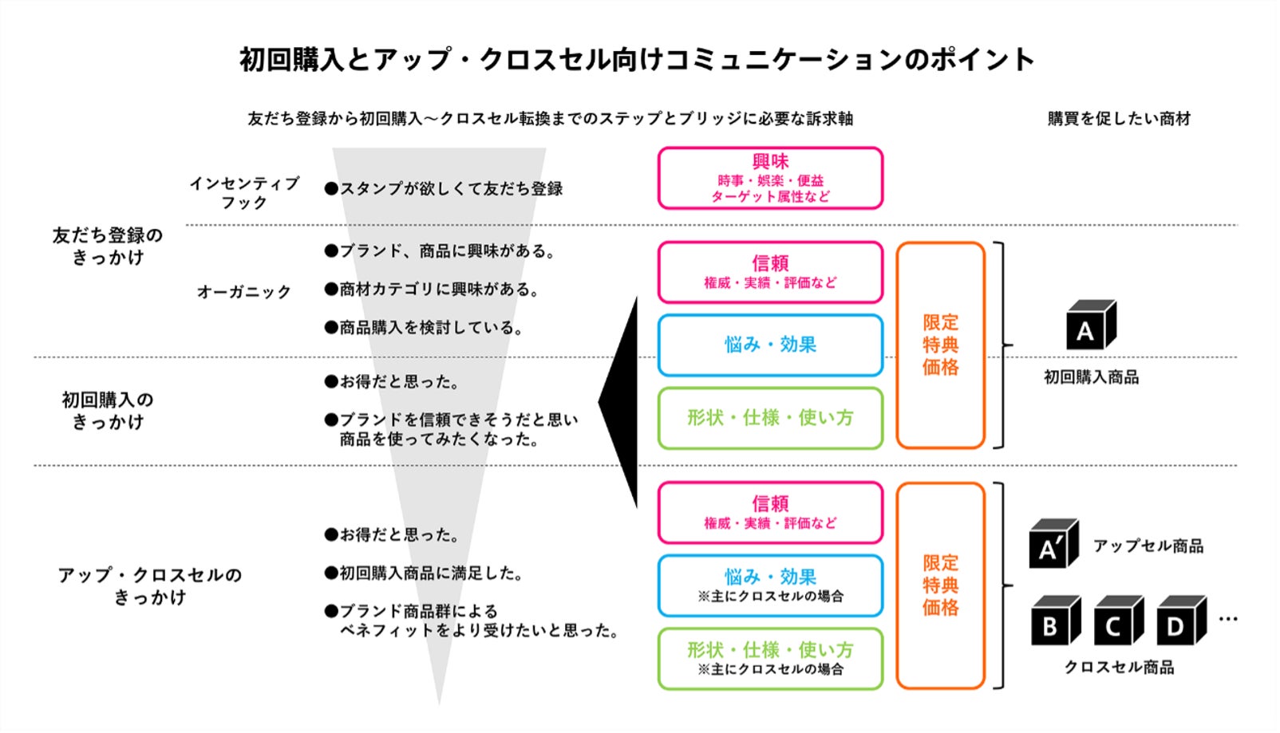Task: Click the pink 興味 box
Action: pyautogui.click(x=770, y=178)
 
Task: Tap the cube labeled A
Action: pyautogui.click(x=1090, y=326)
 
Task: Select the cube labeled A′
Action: pyautogui.click(x=1053, y=545)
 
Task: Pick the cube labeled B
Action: pyautogui.click(x=1054, y=621)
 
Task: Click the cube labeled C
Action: pyautogui.click(x=1117, y=621)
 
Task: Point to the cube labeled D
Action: pyautogui.click(x=1180, y=621)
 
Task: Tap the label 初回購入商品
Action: pyautogui.click(x=1091, y=377)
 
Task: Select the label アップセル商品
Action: pyautogui.click(x=1148, y=546)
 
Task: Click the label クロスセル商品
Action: pyautogui.click(x=1119, y=668)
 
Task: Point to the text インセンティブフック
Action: pyautogui.click(x=244, y=193)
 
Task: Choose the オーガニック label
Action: pyautogui.click(x=244, y=292)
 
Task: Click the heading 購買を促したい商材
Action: pyautogui.click(x=1119, y=119)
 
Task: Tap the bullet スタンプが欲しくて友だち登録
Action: pyautogui.click(x=444, y=189)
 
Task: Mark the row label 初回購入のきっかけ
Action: pyautogui.click(x=108, y=411)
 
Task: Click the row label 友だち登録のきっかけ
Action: pyautogui.click(x=108, y=246)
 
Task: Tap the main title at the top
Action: pyautogui.click(x=637, y=60)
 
